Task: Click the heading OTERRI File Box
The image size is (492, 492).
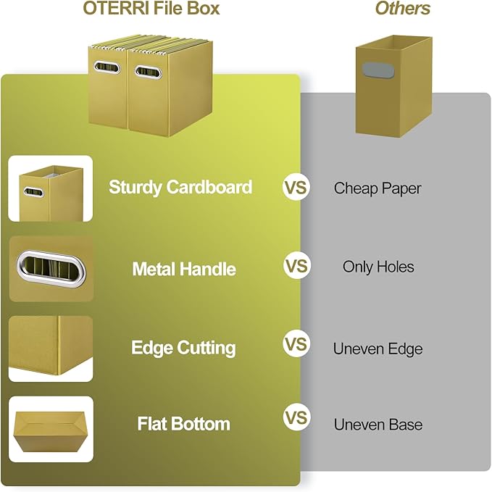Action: (151, 9)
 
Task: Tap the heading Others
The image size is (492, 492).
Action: (402, 9)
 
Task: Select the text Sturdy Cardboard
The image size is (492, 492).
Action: (180, 187)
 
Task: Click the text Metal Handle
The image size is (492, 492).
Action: (184, 270)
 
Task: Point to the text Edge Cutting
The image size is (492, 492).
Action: (183, 348)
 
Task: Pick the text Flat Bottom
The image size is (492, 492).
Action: (183, 424)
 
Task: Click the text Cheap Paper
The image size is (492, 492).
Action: (378, 188)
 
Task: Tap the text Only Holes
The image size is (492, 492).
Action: (378, 267)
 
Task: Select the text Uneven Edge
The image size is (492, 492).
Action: (378, 349)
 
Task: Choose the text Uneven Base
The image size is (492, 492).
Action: (378, 425)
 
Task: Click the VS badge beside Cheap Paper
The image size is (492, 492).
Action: (296, 188)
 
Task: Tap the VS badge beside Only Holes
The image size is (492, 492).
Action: (296, 267)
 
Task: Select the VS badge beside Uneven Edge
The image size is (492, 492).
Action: (296, 343)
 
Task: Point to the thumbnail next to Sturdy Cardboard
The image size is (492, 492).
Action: (50, 188)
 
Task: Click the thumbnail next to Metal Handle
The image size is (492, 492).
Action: (51, 268)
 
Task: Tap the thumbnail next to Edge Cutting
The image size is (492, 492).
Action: (51, 348)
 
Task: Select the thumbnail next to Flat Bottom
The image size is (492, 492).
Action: (51, 429)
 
